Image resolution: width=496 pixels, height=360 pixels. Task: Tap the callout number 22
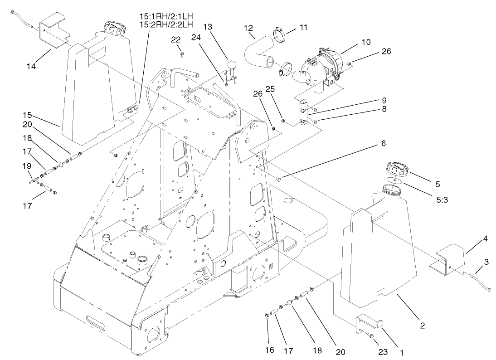tap(176, 40)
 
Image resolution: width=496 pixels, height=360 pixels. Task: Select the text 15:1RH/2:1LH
tap(166, 16)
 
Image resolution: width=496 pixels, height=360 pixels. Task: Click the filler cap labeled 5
tap(396, 171)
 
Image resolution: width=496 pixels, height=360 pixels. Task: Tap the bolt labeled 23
tap(370, 336)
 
